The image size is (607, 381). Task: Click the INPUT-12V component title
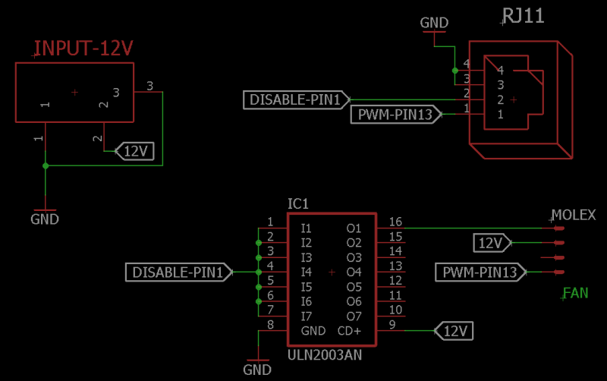point(83,49)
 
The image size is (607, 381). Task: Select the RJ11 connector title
point(524,16)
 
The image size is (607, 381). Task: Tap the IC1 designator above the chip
point(298,204)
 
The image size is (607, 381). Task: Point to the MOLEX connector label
point(574,215)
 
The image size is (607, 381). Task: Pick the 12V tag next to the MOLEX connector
point(491,243)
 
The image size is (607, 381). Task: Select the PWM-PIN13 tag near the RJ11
point(395,115)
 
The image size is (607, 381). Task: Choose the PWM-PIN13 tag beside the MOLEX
point(480,272)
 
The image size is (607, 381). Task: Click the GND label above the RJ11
point(435,24)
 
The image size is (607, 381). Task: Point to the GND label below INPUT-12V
point(45,219)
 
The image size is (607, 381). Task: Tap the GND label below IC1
point(257,370)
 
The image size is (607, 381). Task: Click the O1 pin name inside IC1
point(354,228)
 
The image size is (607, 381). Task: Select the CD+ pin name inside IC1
point(349,331)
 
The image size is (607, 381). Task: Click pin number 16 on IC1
point(395,222)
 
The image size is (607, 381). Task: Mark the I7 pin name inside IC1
point(306,316)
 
